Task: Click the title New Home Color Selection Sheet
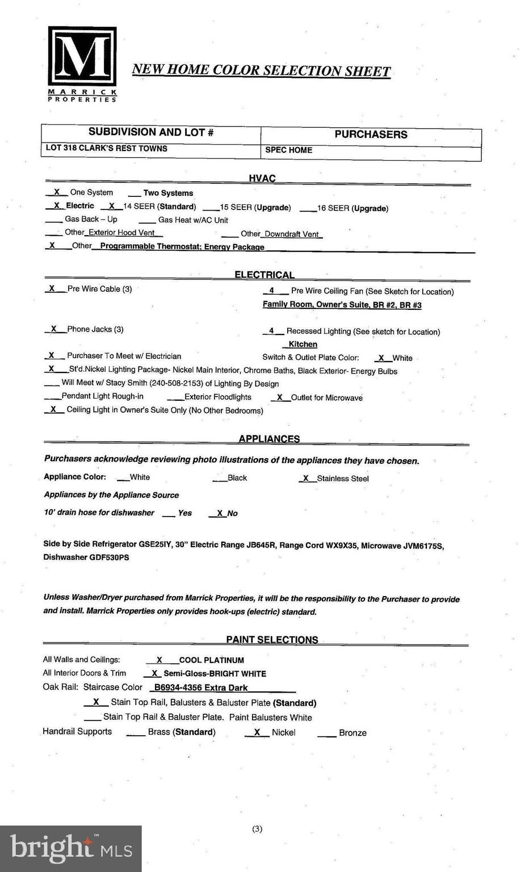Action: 261,70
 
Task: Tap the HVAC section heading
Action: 262,178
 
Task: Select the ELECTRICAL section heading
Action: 264,275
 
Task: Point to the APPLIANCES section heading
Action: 269,439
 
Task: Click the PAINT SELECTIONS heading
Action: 272,639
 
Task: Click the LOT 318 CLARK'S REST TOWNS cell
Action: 107,148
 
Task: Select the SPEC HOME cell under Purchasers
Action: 289,150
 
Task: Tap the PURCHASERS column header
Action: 371,135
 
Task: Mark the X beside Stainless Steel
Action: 306,478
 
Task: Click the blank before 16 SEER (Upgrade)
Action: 308,208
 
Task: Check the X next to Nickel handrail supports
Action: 257,732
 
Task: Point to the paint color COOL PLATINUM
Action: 211,660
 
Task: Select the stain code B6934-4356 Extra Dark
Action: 201,688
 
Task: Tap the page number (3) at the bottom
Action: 257,829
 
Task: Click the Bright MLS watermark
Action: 71,848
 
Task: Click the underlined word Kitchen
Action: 303,344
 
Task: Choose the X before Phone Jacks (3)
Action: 54,329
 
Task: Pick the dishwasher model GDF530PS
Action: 109,557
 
